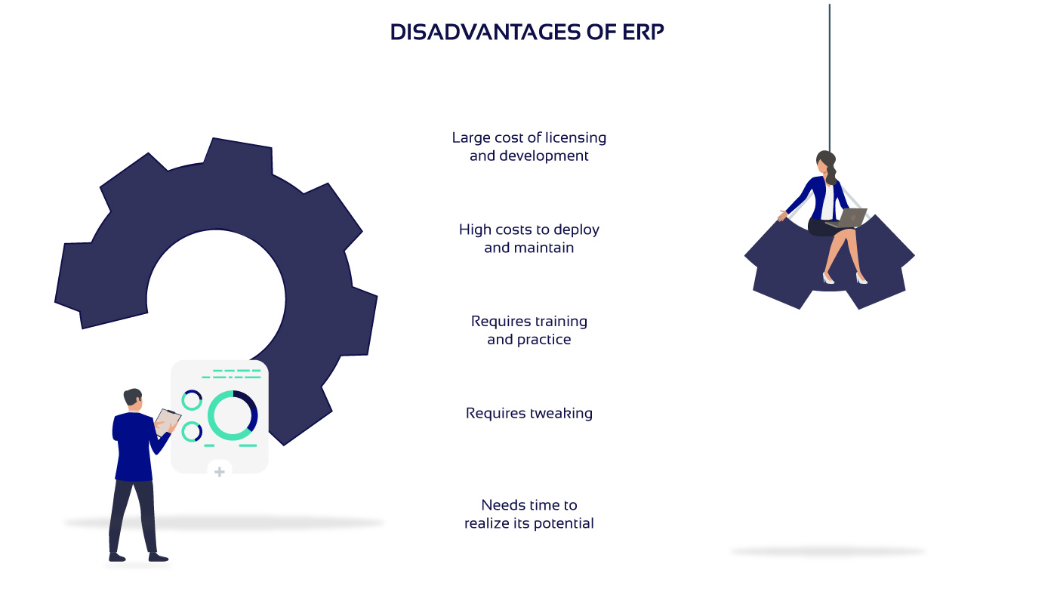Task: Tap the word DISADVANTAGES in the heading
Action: [x=485, y=32]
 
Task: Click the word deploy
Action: [x=577, y=230]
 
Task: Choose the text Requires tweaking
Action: [x=529, y=414]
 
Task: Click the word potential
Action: [x=564, y=523]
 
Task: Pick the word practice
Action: [x=544, y=340]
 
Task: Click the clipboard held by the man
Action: [x=167, y=421]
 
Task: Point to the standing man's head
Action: [x=134, y=399]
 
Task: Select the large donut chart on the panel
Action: [x=233, y=416]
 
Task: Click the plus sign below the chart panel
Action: [x=220, y=471]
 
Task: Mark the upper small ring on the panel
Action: [x=192, y=400]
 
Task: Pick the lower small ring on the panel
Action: [x=192, y=431]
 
